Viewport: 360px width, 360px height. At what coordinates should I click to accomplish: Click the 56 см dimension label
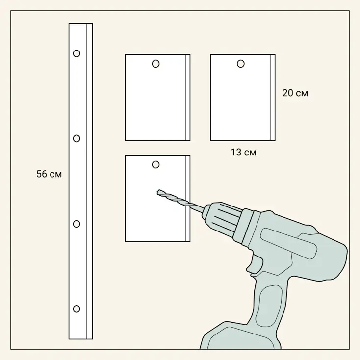tap(49, 174)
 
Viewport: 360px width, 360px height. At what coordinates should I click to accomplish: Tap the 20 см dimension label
tap(295, 93)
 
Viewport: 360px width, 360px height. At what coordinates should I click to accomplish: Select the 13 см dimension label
tap(243, 152)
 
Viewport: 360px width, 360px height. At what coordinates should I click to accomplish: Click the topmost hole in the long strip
tap(77, 53)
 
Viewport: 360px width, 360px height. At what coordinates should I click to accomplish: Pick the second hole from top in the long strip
tap(77, 138)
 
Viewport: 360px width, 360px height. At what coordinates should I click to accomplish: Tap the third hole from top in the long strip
tap(77, 224)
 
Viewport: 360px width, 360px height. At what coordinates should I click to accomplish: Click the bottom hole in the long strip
tap(77, 309)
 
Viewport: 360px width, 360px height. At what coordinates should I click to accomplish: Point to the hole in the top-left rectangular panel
tap(155, 64)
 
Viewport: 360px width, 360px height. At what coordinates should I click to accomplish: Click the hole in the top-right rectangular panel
tap(241, 64)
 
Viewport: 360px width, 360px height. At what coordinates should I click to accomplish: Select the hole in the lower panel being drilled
tap(155, 165)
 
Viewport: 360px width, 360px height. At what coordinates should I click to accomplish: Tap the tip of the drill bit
tap(158, 192)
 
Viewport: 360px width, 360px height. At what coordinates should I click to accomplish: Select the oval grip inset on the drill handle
tap(269, 306)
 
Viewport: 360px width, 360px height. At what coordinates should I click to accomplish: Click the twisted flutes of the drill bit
tap(174, 198)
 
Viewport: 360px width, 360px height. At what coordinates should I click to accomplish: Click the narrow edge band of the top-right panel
tap(273, 98)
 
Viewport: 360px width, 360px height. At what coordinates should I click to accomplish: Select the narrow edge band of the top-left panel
tap(187, 98)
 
